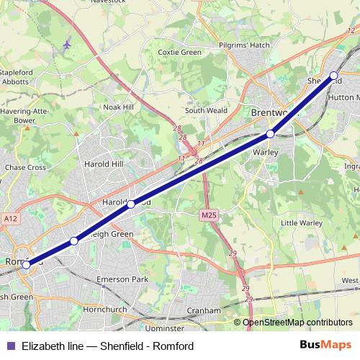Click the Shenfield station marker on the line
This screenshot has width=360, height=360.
[x=334, y=75]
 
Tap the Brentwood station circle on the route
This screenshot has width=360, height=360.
[x=270, y=133]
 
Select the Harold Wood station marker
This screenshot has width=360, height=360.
[x=131, y=204]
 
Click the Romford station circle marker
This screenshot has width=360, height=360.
[x=26, y=264]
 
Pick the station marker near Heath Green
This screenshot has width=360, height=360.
[x=74, y=241]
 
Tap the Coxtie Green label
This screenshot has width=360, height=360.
[x=179, y=52]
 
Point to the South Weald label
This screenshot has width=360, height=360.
[x=206, y=110]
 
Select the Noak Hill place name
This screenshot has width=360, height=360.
[x=120, y=106]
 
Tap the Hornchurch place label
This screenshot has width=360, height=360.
[x=105, y=309]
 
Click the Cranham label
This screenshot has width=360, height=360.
[x=204, y=310]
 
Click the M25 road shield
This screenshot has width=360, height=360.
[x=209, y=215]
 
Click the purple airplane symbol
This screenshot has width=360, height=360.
[x=67, y=45]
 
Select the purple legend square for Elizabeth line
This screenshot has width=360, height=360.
[x=10, y=346]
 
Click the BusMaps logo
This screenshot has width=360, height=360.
[x=325, y=346]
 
